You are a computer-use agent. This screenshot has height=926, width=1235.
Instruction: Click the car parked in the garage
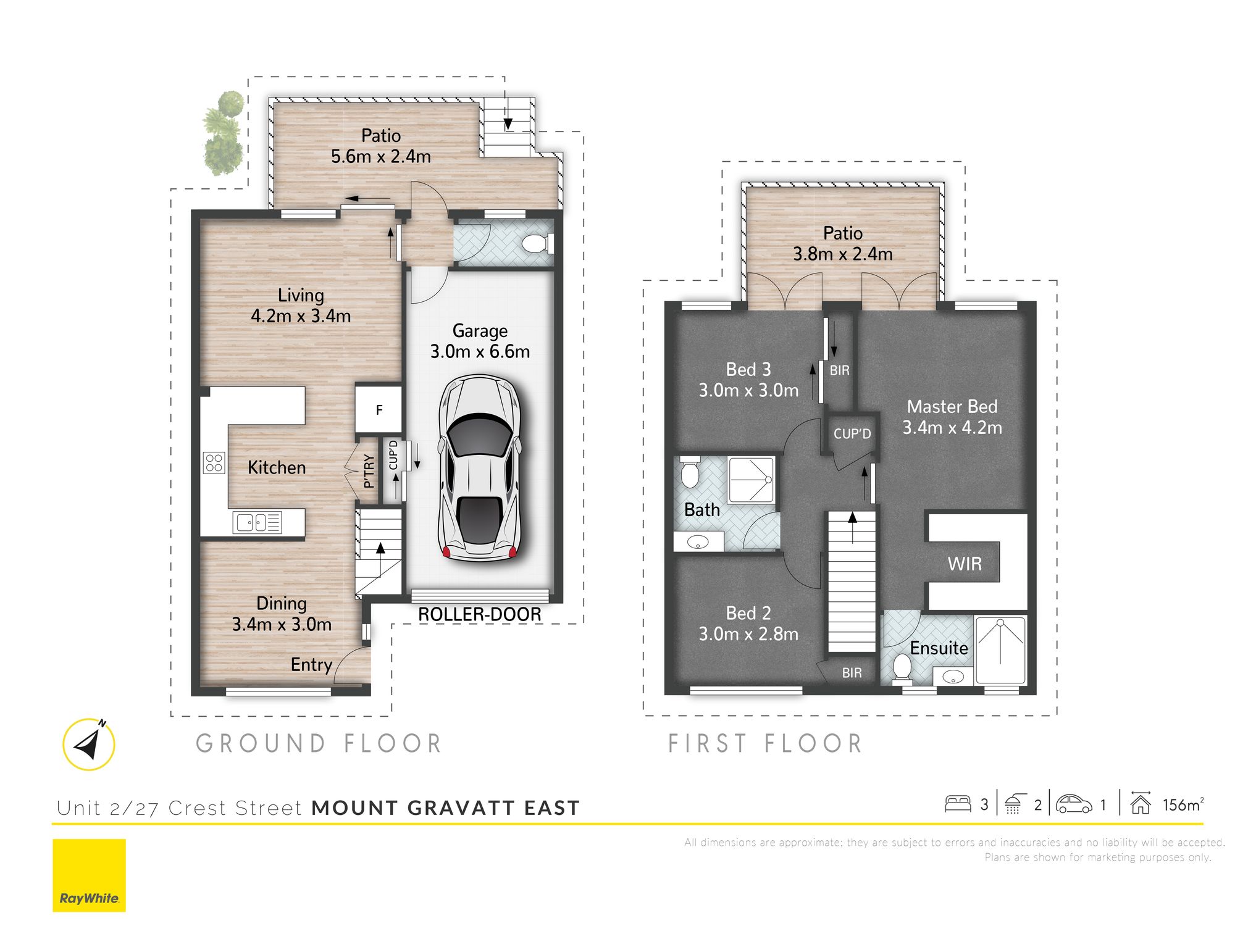(x=480, y=468)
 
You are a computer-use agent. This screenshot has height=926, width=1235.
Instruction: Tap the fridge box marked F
(x=379, y=409)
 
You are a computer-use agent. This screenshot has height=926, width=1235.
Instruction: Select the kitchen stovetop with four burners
(x=214, y=463)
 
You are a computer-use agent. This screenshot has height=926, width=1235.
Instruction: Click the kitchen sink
(x=257, y=523)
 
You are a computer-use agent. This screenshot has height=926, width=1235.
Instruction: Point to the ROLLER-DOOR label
(x=480, y=614)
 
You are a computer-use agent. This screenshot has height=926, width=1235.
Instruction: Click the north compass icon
(x=89, y=744)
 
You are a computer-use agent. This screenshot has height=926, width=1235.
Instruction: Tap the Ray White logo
(x=89, y=875)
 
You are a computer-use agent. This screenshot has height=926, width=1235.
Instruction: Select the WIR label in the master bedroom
(x=965, y=563)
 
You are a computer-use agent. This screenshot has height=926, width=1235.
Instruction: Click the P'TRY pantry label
(x=369, y=471)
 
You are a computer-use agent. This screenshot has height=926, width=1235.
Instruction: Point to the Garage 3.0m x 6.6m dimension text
(x=480, y=341)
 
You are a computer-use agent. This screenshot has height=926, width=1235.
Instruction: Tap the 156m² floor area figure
(x=1183, y=804)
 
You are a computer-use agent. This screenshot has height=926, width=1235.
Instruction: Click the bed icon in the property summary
(x=958, y=804)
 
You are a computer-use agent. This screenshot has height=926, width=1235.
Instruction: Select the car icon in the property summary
(x=1074, y=804)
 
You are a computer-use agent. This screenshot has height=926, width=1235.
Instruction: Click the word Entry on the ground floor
(x=311, y=665)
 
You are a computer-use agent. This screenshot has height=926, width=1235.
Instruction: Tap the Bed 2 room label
(x=748, y=613)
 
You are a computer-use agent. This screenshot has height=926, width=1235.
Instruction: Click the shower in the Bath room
(x=751, y=480)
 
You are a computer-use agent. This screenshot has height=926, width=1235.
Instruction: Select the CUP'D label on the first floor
(x=852, y=434)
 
